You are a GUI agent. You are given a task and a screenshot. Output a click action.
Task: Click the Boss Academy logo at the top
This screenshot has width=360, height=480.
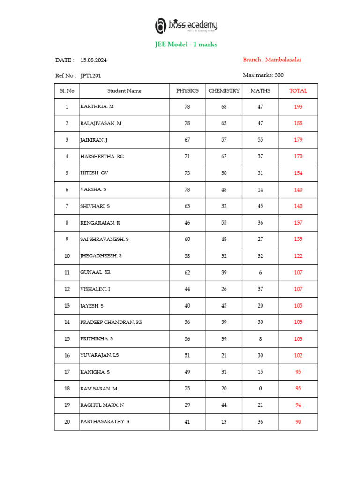pyautogui.click(x=186, y=26)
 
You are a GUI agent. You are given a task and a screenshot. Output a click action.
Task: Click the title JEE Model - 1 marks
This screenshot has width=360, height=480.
pyautogui.click(x=186, y=45)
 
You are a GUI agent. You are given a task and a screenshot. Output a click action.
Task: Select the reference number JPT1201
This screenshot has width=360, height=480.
pyautogui.click(x=90, y=75)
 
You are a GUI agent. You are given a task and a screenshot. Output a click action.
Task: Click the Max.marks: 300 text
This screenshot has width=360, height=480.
pyautogui.click(x=263, y=75)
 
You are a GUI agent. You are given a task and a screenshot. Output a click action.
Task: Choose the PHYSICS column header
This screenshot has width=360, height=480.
pyautogui.click(x=187, y=91)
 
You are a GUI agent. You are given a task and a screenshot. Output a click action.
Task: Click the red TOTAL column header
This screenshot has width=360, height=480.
pyautogui.click(x=298, y=91)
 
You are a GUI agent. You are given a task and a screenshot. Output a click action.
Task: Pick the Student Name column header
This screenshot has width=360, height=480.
pyautogui.click(x=124, y=91)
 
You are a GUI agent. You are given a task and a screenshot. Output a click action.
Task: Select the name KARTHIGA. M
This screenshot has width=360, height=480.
pyautogui.click(x=97, y=107)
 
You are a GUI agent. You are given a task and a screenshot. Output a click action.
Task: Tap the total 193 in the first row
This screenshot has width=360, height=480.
pyautogui.click(x=298, y=107)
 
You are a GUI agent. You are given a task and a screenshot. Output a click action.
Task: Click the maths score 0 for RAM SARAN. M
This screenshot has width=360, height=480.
pyautogui.click(x=260, y=389)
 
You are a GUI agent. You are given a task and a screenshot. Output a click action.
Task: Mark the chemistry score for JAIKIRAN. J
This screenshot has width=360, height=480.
pyautogui.click(x=224, y=140)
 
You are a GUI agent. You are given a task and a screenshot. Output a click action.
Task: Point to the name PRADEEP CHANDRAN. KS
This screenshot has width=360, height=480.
pyautogui.click(x=111, y=322)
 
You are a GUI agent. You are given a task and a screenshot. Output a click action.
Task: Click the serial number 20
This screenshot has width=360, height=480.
pyautogui.click(x=67, y=422)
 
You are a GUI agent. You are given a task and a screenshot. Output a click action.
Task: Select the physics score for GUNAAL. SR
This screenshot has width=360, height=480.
pyautogui.click(x=187, y=272)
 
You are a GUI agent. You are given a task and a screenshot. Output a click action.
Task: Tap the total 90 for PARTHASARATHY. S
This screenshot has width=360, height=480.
pyautogui.click(x=298, y=422)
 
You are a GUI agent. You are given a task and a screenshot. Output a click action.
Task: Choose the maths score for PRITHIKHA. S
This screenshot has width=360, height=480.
pyautogui.click(x=260, y=339)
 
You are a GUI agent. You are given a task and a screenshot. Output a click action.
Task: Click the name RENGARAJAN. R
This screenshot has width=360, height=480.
pyautogui.click(x=101, y=223)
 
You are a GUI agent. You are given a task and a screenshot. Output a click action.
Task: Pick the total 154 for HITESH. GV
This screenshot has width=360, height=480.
pyautogui.click(x=298, y=173)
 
